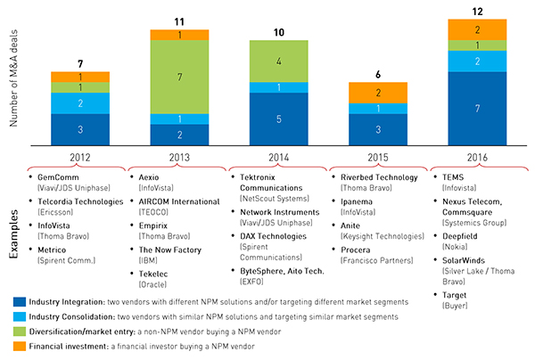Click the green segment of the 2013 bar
point(179,77)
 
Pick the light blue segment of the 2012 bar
point(80,102)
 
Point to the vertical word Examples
point(16,234)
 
